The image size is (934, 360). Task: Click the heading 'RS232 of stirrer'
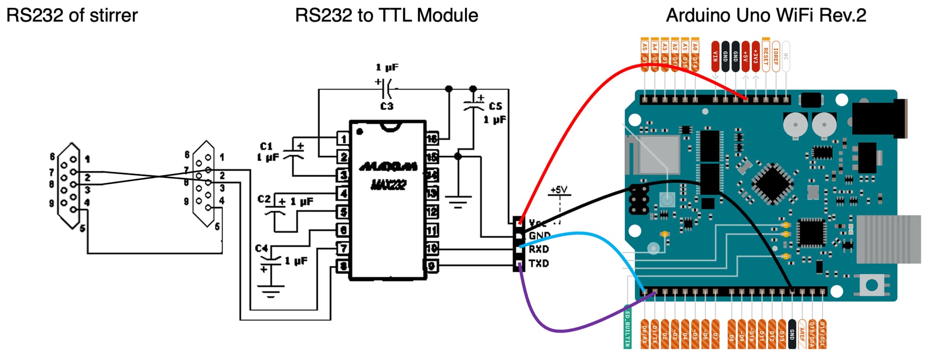[72, 16]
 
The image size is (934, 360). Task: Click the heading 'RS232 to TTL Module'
[386, 16]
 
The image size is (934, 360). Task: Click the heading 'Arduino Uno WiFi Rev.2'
[766, 16]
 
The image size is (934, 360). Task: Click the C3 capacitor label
[387, 106]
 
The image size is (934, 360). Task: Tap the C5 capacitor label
[495, 106]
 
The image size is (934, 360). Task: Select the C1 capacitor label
[266, 146]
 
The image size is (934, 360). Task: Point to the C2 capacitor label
[264, 199]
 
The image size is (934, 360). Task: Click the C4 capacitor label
[261, 249]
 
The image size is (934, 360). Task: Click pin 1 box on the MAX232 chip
[343, 139]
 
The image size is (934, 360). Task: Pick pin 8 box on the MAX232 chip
[343, 266]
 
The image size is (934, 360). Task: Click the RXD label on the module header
[539, 249]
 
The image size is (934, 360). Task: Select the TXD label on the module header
[539, 263]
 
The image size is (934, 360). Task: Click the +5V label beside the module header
[559, 190]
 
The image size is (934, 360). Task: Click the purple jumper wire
[559, 330]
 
